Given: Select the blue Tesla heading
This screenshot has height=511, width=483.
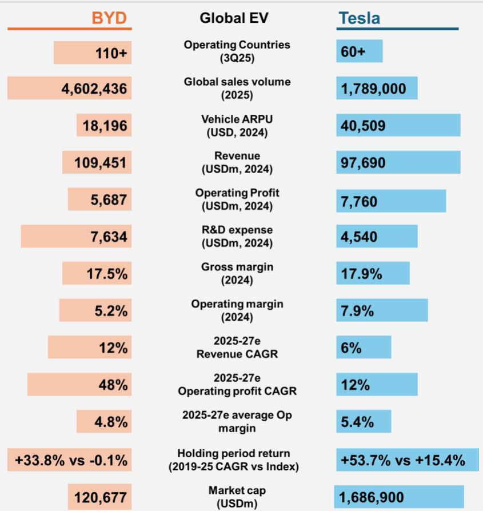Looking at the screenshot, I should coord(359,18).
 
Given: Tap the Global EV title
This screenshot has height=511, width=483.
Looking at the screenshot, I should coord(234,18).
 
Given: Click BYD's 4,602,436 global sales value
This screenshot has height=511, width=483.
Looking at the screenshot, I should coord(94,89).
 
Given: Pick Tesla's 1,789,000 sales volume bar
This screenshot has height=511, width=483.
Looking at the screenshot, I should coord(377,89).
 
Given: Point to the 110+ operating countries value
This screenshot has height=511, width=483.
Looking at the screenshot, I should coord(111,53).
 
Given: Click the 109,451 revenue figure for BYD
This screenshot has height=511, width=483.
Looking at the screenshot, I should coord(101,163).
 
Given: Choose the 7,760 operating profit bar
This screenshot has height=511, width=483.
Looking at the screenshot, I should coord(391,201).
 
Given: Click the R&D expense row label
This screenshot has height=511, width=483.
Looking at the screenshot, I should coord(237,236).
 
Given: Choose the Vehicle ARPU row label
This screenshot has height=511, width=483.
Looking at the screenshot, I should coord(237,126).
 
